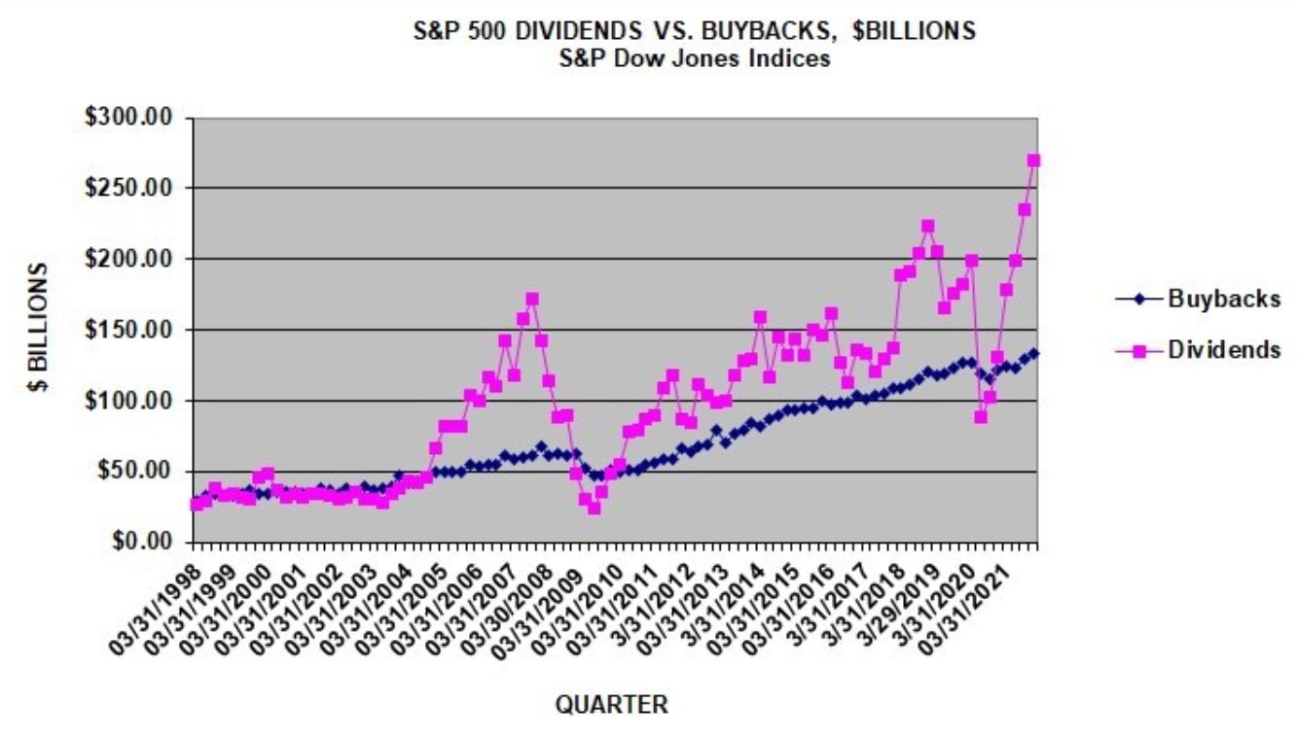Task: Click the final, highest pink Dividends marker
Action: tap(1033, 160)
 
